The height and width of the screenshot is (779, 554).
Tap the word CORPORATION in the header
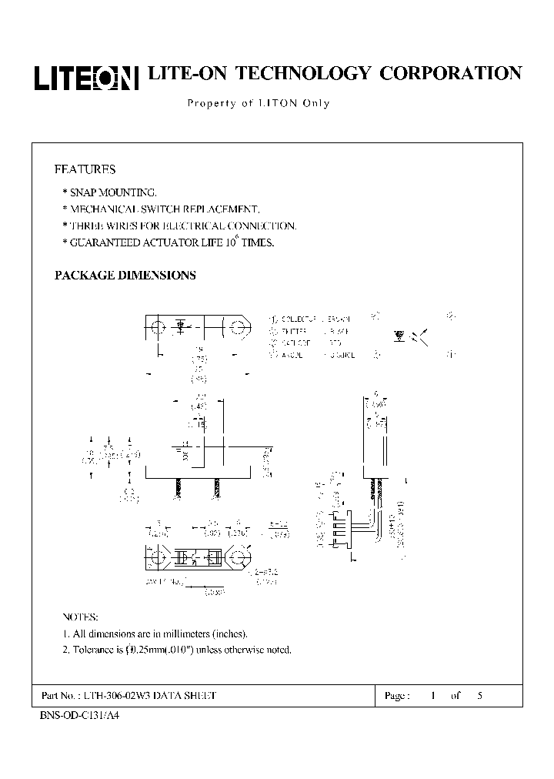coord(451,73)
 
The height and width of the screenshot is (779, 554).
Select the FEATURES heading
coord(85,169)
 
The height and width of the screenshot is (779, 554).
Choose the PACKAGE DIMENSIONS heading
coord(125,275)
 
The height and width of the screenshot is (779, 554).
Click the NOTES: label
coord(80,617)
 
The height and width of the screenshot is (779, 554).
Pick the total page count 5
coord(480,696)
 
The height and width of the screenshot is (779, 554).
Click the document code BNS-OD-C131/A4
coord(79,714)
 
